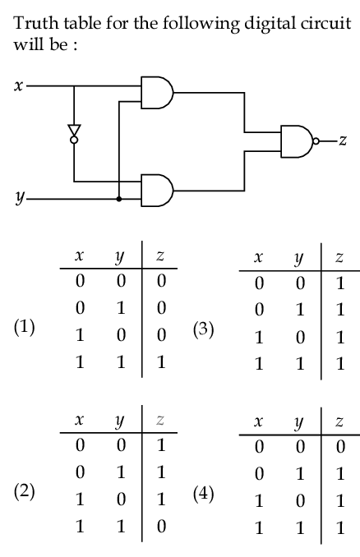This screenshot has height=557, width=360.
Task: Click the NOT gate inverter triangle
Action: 74,131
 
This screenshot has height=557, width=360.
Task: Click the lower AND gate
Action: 157,190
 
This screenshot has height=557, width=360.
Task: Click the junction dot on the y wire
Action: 119,199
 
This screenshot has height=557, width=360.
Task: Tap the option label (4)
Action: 204,495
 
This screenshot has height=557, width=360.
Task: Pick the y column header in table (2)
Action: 119,422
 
